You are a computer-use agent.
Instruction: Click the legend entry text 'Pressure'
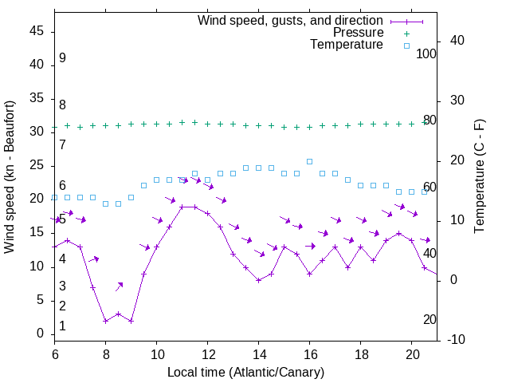coord(358,33)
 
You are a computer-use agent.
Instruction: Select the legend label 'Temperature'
coord(347,45)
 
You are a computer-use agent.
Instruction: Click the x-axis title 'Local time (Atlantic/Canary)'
coord(245,372)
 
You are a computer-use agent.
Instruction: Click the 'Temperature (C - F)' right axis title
coord(479,177)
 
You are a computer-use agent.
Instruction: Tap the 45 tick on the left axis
coord(37,31)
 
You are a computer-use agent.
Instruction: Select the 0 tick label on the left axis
coord(41,334)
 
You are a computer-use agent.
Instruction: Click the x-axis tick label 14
coord(258,353)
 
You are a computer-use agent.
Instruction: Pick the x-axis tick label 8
coord(105,353)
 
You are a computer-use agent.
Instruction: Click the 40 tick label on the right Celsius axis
coord(457,41)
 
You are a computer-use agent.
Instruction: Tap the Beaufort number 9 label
coord(62,58)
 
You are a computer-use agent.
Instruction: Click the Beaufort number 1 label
coord(62,326)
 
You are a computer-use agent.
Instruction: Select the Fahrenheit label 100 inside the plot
coord(427,53)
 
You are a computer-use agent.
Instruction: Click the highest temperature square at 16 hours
coord(309,161)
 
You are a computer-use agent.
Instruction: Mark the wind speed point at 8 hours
coord(105,321)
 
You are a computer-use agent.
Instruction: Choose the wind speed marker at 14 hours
coord(258,280)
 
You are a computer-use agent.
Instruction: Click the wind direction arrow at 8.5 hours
coord(119,286)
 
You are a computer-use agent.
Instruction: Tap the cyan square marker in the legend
coord(406,45)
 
